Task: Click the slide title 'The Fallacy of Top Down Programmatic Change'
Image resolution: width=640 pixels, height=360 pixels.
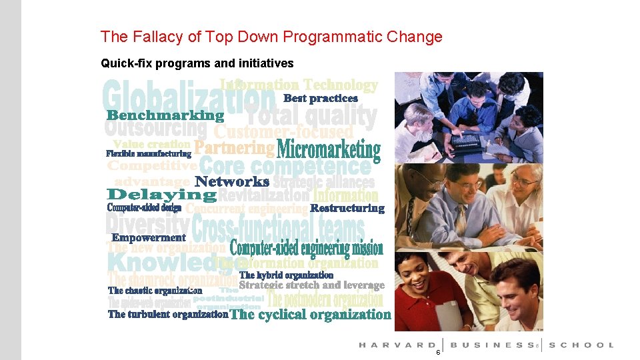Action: click(x=271, y=37)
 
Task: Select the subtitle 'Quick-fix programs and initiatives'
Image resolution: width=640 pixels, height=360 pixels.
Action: click(x=197, y=63)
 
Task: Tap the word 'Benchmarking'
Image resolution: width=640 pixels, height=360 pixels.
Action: click(x=165, y=115)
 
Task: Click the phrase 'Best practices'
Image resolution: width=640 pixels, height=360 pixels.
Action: click(x=321, y=98)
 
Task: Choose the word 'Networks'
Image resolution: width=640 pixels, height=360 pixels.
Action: click(x=232, y=181)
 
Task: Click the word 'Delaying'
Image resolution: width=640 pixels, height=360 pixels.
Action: click(x=162, y=195)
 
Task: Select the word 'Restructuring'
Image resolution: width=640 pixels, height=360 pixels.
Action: click(x=347, y=208)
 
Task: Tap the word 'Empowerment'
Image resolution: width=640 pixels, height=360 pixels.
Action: click(x=149, y=237)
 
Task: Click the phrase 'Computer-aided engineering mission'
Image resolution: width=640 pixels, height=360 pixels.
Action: click(x=307, y=249)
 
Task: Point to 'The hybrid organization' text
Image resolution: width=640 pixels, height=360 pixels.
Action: click(x=286, y=275)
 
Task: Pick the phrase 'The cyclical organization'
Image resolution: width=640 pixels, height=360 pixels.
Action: click(x=310, y=315)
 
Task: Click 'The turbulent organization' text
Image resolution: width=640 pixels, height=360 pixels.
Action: click(x=168, y=314)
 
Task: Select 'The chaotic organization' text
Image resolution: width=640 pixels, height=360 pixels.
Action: click(x=155, y=291)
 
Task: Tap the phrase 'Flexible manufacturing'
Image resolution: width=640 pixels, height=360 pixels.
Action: click(x=149, y=154)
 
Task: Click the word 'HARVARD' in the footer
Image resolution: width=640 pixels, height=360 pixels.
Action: click(x=396, y=345)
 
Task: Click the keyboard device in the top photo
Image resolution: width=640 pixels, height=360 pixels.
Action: click(x=467, y=139)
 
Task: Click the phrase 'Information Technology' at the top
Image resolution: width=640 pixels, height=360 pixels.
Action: click(x=299, y=85)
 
